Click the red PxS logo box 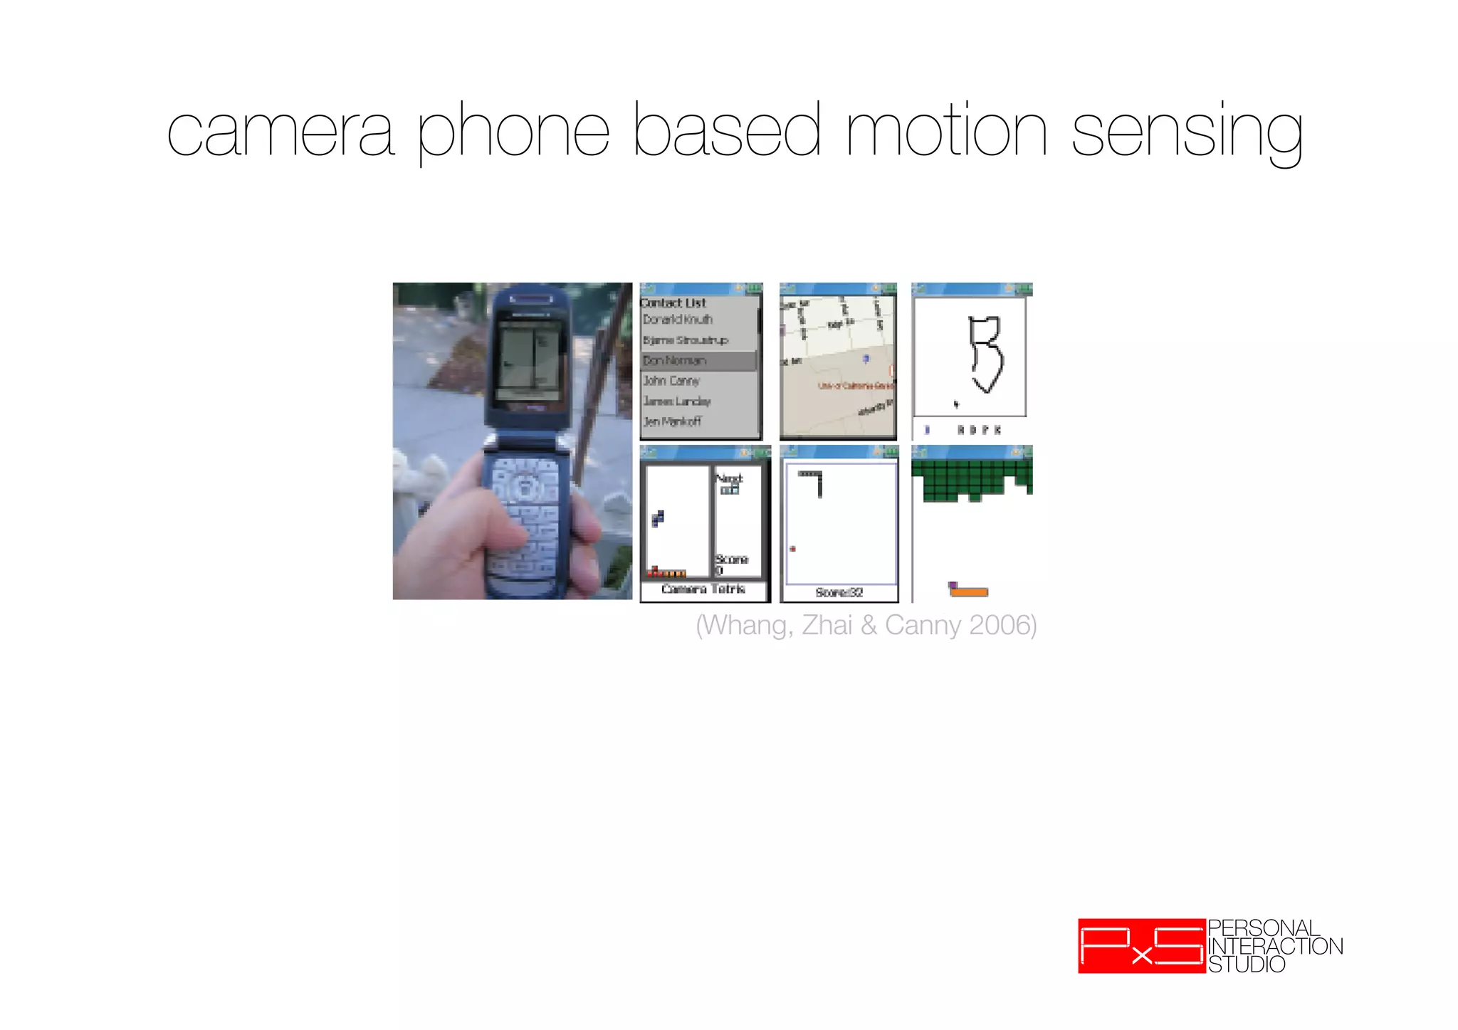click(x=1142, y=946)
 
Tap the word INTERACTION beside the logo click(x=1275, y=946)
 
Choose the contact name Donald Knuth click(x=677, y=320)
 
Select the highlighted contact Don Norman click(x=675, y=361)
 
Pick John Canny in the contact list click(x=671, y=381)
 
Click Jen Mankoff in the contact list click(x=672, y=421)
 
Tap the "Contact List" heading click(x=673, y=303)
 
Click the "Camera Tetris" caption click(x=703, y=589)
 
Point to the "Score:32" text click(x=839, y=592)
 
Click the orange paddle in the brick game click(x=970, y=592)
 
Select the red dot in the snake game click(x=792, y=549)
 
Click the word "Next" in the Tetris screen click(x=728, y=478)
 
